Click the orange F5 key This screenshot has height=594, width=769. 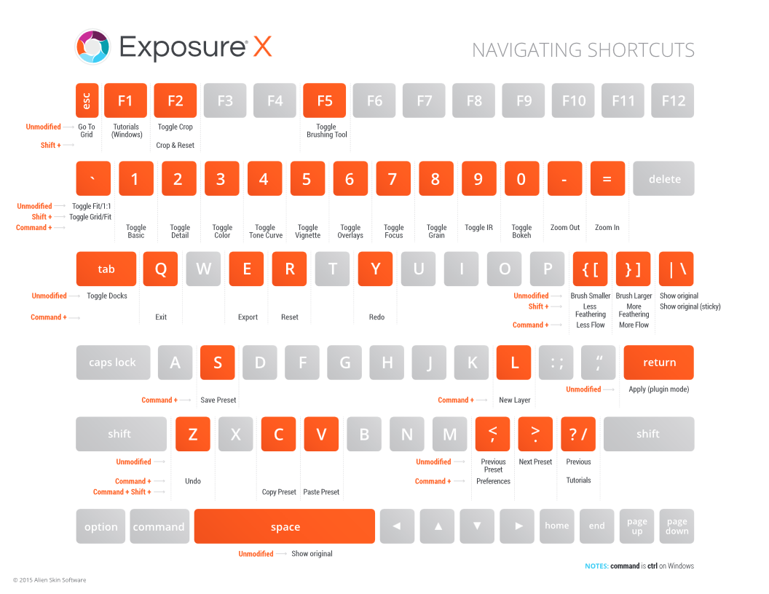(325, 100)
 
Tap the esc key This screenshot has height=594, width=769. (87, 100)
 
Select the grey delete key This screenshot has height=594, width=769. (663, 179)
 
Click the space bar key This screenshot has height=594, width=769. (285, 526)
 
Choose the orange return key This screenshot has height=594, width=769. (659, 363)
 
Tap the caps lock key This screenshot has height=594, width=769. (113, 363)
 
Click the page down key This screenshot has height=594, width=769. (677, 526)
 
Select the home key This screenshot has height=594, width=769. (557, 526)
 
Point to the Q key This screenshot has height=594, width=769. (161, 269)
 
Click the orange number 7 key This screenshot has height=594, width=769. (393, 179)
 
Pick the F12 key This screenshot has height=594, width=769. (673, 100)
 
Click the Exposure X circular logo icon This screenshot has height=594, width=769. (92, 47)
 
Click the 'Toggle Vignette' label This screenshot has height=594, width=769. (308, 231)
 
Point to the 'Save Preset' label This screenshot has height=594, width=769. (218, 400)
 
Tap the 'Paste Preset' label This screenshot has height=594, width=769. (321, 492)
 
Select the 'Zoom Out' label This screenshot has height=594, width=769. (565, 227)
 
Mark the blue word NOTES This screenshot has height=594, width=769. (596, 566)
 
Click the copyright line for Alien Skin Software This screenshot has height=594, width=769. (50, 580)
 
